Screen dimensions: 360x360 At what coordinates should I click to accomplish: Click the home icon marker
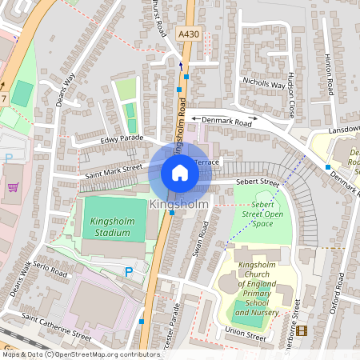click(180, 173)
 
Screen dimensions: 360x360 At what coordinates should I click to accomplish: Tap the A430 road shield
click(190, 34)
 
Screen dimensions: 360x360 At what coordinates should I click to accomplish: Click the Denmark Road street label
click(226, 122)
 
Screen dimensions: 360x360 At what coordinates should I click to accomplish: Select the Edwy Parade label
click(122, 138)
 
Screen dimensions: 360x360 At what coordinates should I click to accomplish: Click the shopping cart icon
click(13, 187)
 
